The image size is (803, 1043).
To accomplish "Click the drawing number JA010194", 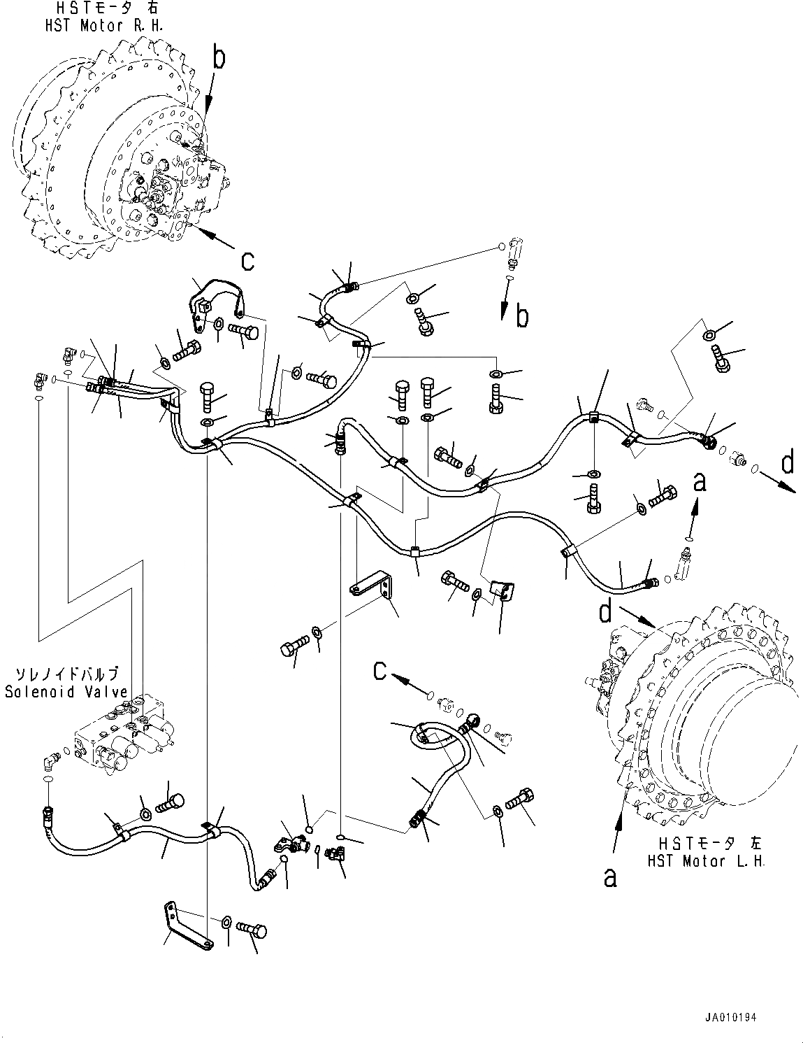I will pyautogui.click(x=730, y=1017).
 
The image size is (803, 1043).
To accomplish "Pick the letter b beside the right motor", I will pyautogui.click(x=219, y=59).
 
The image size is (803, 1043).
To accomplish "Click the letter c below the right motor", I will pyautogui.click(x=247, y=260).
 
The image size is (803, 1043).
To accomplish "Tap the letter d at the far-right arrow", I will pyautogui.click(x=787, y=463).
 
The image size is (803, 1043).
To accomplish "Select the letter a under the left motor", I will pyautogui.click(x=610, y=877).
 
